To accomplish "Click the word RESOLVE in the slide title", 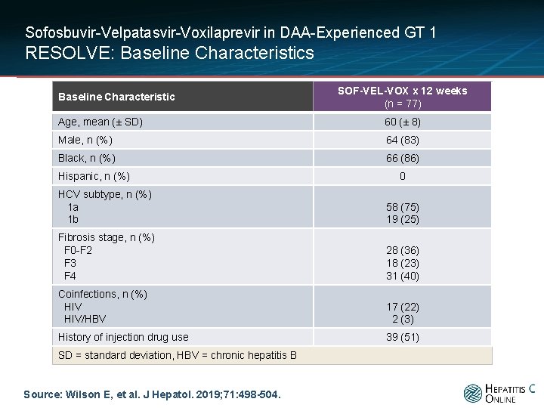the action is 68,53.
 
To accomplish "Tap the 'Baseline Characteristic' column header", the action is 116,97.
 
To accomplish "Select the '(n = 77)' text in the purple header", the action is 403,104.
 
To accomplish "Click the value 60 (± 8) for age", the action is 403,122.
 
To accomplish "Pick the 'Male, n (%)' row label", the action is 85,141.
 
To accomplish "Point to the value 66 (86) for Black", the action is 403,158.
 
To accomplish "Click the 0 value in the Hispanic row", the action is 403,176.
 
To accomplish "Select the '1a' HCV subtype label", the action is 73,208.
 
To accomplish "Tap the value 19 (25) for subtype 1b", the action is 403,220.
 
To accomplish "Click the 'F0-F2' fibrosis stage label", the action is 78,251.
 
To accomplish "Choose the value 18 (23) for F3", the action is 403,264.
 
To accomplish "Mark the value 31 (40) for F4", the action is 403,277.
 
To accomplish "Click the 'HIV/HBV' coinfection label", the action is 85,319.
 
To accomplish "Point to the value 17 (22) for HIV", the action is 403,307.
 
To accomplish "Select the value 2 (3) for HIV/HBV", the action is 403,319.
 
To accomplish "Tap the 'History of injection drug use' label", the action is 123,337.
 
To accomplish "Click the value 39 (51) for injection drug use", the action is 403,337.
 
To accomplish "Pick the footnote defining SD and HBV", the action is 178,356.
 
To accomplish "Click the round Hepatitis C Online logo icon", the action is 473,394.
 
